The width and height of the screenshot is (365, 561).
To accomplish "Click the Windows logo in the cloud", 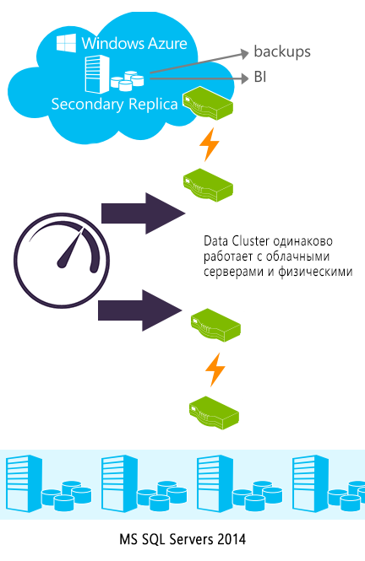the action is coord(66,43).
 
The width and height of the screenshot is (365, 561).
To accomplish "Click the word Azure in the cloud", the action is coord(167,43).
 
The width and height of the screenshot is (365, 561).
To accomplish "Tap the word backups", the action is coord(282,51).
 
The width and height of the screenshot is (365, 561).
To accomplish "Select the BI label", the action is coord(260,77).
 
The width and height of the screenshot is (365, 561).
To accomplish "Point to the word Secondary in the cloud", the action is coord(87,104).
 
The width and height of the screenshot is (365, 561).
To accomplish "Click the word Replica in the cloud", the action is coord(153,105).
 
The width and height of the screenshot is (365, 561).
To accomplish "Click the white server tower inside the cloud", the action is coord(97,74).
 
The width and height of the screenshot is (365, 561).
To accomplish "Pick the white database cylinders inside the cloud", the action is coord(128,81).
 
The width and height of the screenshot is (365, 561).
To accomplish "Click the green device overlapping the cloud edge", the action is coord(208,104).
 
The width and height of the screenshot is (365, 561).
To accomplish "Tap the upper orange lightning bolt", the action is coord(210,144).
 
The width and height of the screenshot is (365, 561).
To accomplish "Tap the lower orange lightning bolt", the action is coord(215,370).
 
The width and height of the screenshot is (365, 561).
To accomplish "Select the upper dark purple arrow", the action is coord(144,213).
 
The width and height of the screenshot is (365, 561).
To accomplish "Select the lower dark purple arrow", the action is coord(140,310).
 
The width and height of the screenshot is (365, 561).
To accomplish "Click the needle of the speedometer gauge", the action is coord(71,248).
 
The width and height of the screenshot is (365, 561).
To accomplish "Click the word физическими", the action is coord(315,272).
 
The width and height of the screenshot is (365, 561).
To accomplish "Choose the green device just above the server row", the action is coord(214,413).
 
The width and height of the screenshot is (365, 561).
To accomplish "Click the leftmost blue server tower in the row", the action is coord(25,483).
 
